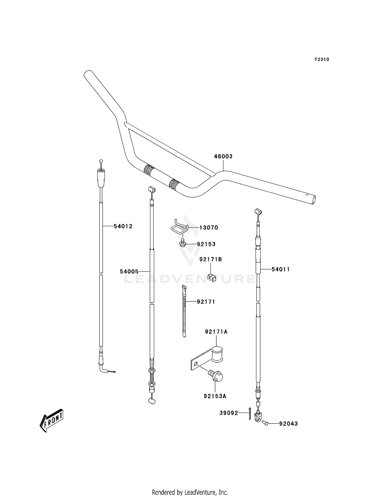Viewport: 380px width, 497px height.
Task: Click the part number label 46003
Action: click(x=223, y=156)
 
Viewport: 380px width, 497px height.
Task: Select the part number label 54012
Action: click(x=123, y=226)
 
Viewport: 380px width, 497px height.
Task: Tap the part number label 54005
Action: click(x=129, y=272)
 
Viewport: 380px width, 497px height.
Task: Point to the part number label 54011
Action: click(x=281, y=269)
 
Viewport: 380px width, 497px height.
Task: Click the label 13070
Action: click(x=209, y=227)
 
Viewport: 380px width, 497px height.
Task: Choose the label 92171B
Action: click(x=211, y=259)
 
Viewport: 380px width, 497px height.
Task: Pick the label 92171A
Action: click(x=216, y=332)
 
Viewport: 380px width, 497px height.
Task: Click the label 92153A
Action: click(x=215, y=396)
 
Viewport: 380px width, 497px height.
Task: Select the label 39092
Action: click(x=229, y=413)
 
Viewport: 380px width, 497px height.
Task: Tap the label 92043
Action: click(x=289, y=424)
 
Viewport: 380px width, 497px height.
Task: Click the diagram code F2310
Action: click(x=322, y=60)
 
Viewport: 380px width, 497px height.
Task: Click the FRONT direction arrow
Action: click(x=52, y=420)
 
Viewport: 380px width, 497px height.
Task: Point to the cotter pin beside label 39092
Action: click(x=250, y=413)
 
